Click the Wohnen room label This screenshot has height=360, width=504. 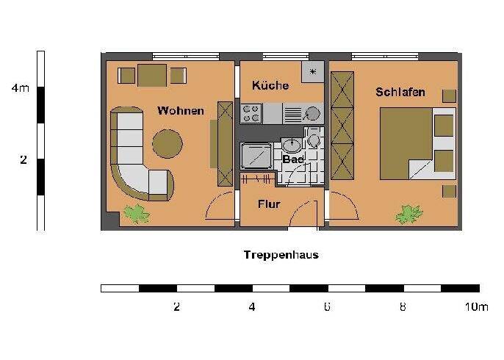coord(180,111)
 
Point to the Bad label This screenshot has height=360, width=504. coord(292,159)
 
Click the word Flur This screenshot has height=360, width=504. coord(269,204)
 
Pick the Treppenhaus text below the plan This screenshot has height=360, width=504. coord(281,256)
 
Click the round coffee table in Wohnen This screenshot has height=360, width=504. coord(168,143)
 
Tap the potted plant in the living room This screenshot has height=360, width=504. coord(136,214)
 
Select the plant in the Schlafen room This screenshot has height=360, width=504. coord(408,214)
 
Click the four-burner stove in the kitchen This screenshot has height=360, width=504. coord(251,113)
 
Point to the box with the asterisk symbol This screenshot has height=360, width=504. coord(312,72)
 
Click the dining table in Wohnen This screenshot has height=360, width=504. coord(152,75)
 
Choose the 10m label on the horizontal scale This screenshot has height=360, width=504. coord(476,307)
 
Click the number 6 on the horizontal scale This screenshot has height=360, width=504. coord(326,307)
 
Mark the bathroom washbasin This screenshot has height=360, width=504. coord(292,145)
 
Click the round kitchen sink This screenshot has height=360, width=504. coord(313,114)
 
